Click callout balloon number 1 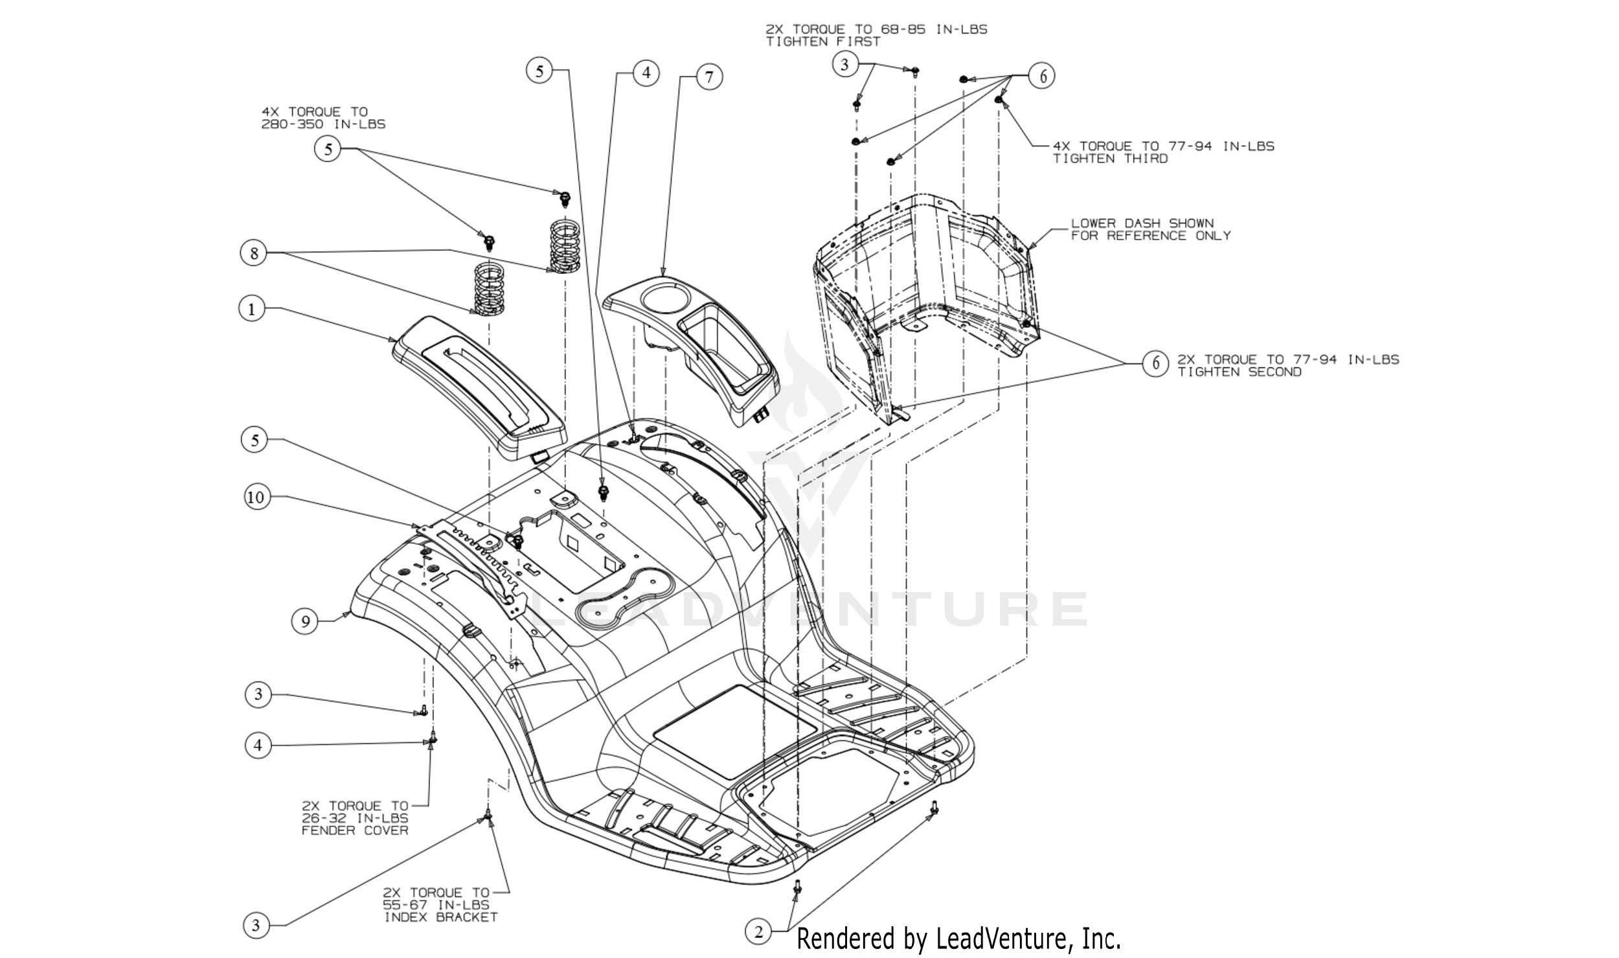pos(252,308)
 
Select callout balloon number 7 pos(709,77)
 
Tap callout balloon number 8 pos(254,253)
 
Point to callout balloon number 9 pos(305,621)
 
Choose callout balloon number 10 pos(256,497)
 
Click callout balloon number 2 pos(758,931)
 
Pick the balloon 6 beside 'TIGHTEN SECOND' pos(1155,363)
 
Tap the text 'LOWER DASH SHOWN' pos(1142,223)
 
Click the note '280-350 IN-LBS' pos(323,124)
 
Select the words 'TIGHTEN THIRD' pos(1110,159)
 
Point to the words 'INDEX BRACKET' pos(441,917)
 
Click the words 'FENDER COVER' pos(355,830)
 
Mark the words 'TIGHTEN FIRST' pos(822,41)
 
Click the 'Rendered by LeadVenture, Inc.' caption pos(958,939)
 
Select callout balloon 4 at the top pos(646,73)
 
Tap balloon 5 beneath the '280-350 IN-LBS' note pos(328,149)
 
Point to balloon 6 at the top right pos(1042,76)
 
